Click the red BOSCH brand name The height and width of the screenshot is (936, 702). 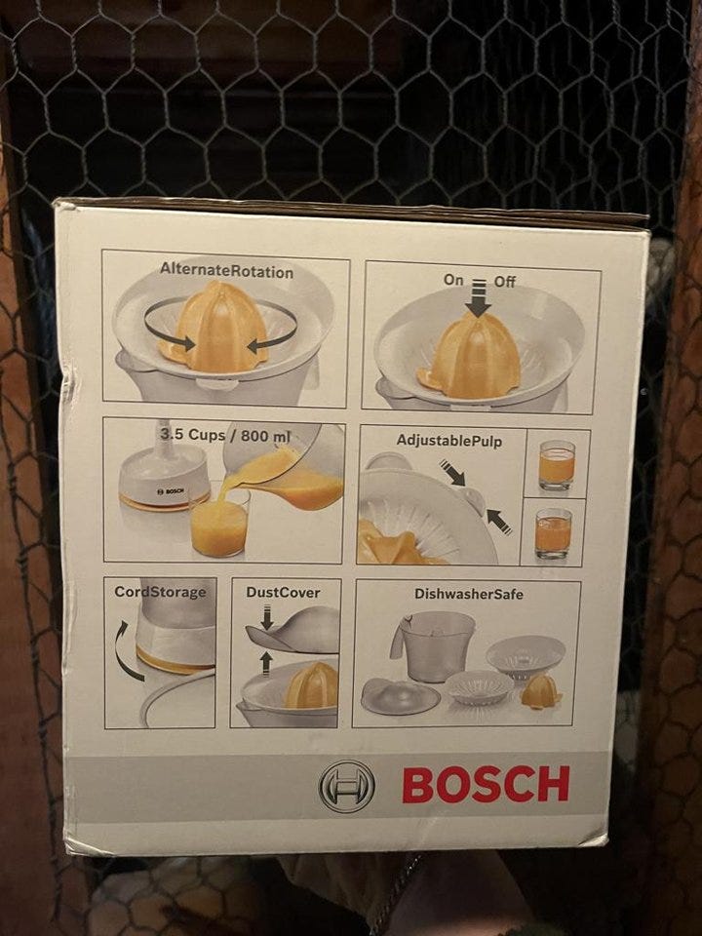click(x=486, y=784)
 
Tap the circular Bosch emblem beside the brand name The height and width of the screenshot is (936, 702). click(x=347, y=786)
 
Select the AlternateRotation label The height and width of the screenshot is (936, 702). click(x=227, y=271)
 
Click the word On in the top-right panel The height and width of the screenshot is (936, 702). click(x=453, y=280)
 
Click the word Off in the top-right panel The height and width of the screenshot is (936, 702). click(x=504, y=281)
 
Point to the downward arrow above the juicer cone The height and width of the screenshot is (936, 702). click(x=478, y=298)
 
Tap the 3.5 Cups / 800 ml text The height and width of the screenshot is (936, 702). click(x=225, y=435)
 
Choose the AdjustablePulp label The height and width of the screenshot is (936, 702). click(x=448, y=441)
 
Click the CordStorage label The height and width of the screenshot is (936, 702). click(x=160, y=592)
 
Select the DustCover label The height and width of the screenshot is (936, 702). click(x=283, y=592)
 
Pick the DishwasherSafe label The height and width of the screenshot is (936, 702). click(x=469, y=594)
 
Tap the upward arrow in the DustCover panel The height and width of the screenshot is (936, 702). click(x=266, y=663)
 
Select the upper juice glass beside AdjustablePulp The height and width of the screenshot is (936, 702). click(x=557, y=465)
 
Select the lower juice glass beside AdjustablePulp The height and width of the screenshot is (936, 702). click(x=553, y=533)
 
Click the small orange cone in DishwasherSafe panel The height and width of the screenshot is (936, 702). click(x=540, y=692)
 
